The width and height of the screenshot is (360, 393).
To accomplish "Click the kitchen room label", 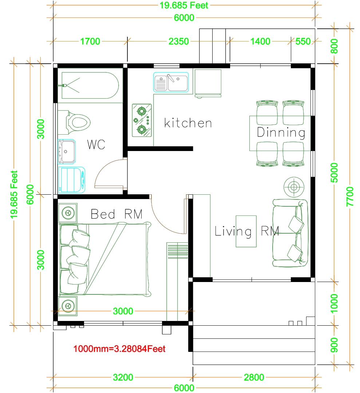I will pos(188,123).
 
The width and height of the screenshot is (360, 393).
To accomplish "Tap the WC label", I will pos(96,144).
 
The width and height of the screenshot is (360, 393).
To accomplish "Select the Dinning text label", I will pos(281,132).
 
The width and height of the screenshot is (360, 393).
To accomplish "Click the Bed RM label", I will pos(116,214).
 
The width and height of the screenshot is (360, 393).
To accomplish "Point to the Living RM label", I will pos(246,231).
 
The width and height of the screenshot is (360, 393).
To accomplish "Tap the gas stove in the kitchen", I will pos(142,120).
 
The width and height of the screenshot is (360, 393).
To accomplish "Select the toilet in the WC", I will pos(77,123).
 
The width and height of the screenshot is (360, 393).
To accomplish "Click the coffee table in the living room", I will pos(246,231).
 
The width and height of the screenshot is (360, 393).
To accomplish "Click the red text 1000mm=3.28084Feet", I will pos(119,349).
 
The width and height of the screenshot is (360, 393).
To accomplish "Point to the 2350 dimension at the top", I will pos(179,41).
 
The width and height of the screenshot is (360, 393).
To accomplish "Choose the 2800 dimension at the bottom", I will pos(254,377).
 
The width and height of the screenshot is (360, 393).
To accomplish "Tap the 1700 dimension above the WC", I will pos(90,41).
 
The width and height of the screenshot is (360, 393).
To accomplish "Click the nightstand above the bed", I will pos(68,213).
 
